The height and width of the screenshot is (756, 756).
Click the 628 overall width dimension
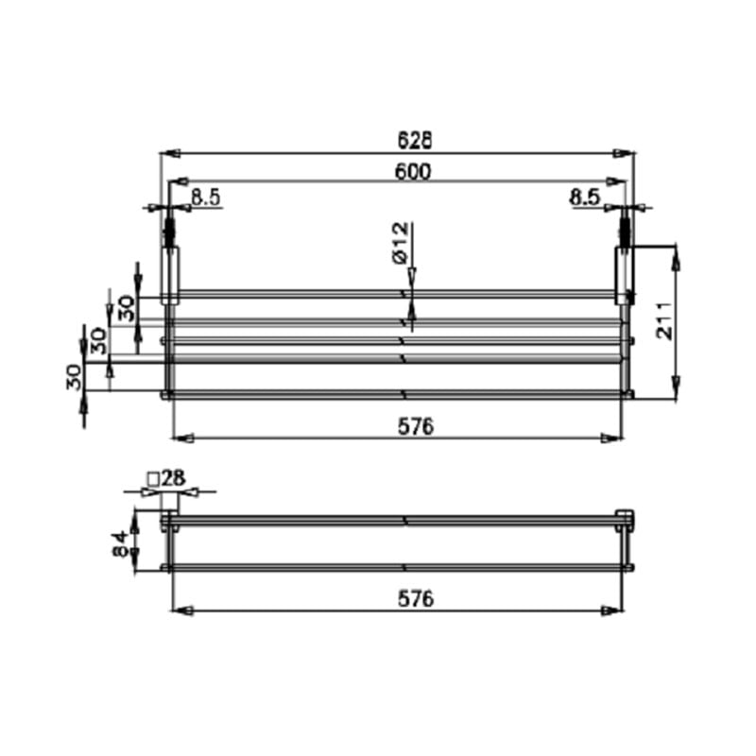(414, 140)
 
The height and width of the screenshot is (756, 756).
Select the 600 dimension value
(414, 171)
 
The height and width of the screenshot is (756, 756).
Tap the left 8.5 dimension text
(206, 197)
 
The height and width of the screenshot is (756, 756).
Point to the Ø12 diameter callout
(398, 244)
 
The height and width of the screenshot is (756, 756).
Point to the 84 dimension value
(120, 543)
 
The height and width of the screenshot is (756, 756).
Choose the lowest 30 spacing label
(74, 378)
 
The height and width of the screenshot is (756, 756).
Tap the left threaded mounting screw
(171, 232)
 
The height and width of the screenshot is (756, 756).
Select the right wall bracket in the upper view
(624, 275)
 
